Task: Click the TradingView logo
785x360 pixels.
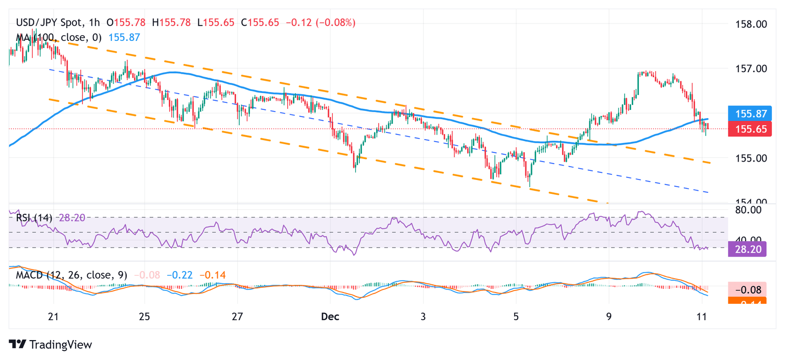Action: [x=50, y=345]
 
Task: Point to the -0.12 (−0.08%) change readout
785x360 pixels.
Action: [x=320, y=22]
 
